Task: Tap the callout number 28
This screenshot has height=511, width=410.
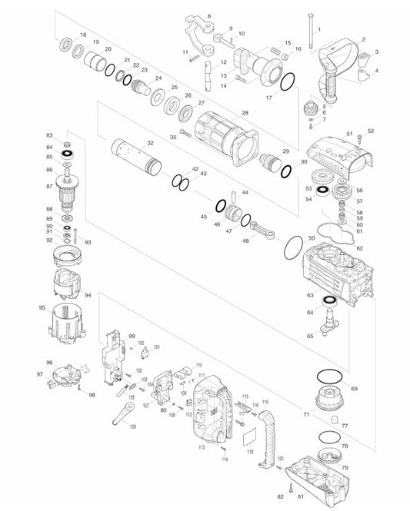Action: coord(245,113)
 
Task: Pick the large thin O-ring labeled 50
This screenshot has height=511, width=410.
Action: coord(292,247)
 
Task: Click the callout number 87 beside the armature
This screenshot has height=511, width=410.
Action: coord(49,186)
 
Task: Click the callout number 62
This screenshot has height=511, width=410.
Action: coord(358,248)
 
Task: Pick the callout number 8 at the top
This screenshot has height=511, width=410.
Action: coord(208,15)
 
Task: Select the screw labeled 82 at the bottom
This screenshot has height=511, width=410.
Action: coord(291,489)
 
